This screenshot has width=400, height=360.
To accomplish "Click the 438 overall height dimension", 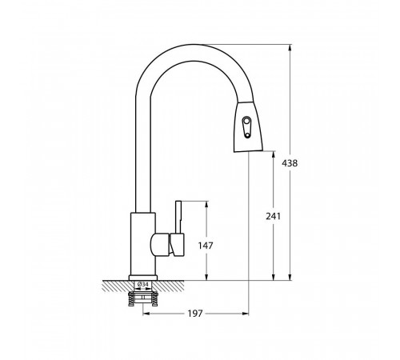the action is click(290, 163).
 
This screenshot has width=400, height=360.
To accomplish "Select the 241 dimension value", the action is click(274, 216).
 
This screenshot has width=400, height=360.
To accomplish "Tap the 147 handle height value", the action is click(206, 246).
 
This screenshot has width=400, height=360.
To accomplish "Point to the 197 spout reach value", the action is click(195, 314).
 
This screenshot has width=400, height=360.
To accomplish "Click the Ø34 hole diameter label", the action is click(143, 284).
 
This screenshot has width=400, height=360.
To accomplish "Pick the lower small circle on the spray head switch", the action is click(248, 135).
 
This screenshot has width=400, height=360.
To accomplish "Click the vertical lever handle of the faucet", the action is click(178, 218).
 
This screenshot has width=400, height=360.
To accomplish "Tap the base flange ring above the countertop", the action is click(143, 278).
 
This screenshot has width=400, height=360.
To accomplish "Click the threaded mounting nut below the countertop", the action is click(143, 299).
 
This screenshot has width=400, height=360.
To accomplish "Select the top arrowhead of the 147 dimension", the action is click(206, 205).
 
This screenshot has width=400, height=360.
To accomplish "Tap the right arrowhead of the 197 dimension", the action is click(245, 314).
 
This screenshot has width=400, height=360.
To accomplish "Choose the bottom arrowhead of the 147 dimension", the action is click(206, 277).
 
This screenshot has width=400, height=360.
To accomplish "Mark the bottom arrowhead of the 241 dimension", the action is click(274, 277).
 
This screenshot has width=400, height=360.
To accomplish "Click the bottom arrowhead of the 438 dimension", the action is click(290, 277).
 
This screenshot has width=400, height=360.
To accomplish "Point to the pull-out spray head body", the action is click(248, 126).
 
